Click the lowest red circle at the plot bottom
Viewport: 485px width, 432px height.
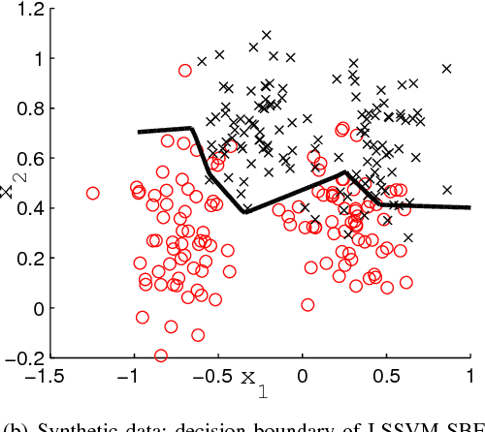(x=161, y=355)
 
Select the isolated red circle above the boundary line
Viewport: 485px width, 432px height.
(x=185, y=70)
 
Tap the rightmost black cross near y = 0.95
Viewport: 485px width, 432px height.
(x=447, y=69)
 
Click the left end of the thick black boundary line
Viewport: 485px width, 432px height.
(x=140, y=131)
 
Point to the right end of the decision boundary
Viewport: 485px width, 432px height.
(x=470, y=207)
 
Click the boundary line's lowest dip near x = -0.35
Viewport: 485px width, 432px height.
(x=246, y=210)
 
